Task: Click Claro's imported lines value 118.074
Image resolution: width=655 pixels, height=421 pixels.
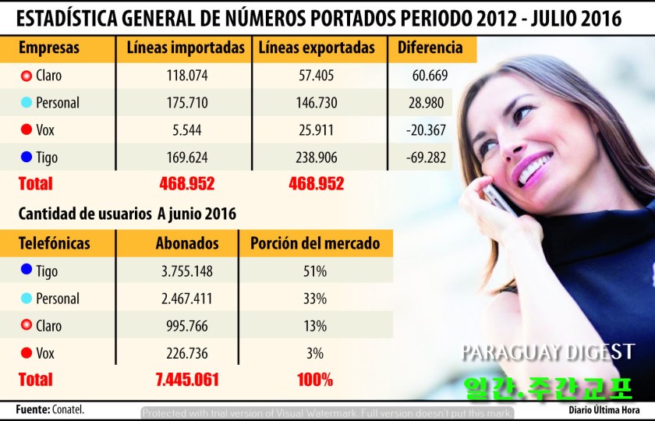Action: coord(186,76)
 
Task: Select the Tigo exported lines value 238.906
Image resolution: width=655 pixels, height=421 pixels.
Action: coord(316,157)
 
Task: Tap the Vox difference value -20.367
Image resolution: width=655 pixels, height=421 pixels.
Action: coord(426,130)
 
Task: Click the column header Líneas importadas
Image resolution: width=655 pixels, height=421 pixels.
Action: coord(186,48)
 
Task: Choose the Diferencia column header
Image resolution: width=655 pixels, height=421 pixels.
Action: coord(430,48)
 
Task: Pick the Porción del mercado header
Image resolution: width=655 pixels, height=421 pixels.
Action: coord(315,243)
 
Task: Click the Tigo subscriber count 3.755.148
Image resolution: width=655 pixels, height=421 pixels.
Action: coord(186,271)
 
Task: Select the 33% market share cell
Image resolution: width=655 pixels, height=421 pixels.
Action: coord(315,299)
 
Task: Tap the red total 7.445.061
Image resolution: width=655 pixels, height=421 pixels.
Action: coord(187,380)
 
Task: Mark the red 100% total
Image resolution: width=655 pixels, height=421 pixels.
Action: coord(315,380)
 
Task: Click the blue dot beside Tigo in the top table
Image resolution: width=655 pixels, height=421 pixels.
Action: coord(27,157)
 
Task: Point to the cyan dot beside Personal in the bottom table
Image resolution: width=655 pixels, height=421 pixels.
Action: coord(27,299)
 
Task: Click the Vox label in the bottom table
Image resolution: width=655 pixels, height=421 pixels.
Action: coord(48,353)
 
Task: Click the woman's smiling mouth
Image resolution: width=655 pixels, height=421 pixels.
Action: coord(533,168)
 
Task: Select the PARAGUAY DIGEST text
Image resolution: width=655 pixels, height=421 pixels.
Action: coord(547,352)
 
